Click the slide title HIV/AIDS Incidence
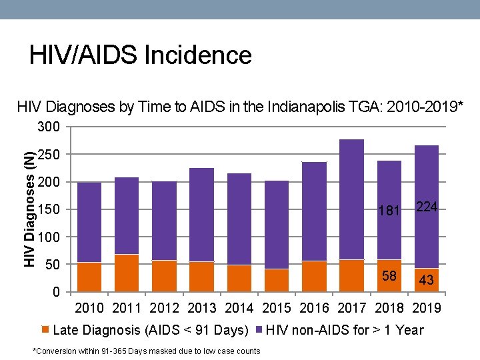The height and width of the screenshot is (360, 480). [x=140, y=55]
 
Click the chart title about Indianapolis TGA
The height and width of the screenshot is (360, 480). [x=240, y=107]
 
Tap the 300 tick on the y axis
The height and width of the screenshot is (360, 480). [x=48, y=127]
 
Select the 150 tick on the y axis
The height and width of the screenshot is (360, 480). [x=48, y=210]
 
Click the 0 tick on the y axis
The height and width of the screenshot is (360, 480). [x=57, y=293]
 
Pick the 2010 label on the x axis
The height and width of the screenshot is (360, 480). [x=89, y=308]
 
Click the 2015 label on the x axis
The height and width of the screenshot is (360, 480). [x=277, y=308]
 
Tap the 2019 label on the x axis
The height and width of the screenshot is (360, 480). [x=427, y=308]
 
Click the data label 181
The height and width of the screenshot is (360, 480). [x=389, y=211]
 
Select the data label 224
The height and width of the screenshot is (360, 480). [x=427, y=207]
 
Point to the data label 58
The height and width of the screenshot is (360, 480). [x=389, y=276]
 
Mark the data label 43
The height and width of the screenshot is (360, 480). [x=427, y=281]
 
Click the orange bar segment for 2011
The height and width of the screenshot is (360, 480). [x=127, y=273]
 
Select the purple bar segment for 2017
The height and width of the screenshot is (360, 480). [x=351, y=200]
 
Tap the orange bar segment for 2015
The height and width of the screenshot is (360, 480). [x=277, y=281]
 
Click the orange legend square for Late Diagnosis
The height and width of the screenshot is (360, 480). [x=45, y=329]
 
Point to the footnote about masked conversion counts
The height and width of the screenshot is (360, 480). [x=146, y=351]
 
